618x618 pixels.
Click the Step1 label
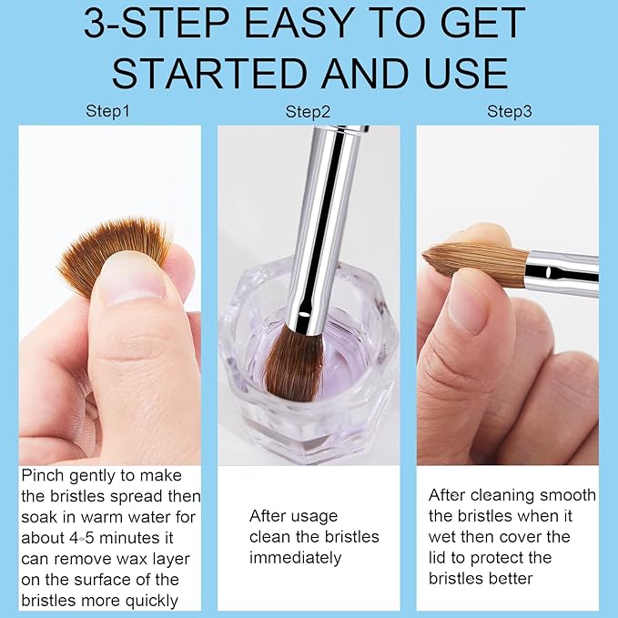point(108,112)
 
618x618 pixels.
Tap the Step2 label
point(308,112)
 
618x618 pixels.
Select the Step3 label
point(509,112)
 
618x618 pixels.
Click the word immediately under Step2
point(295,557)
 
